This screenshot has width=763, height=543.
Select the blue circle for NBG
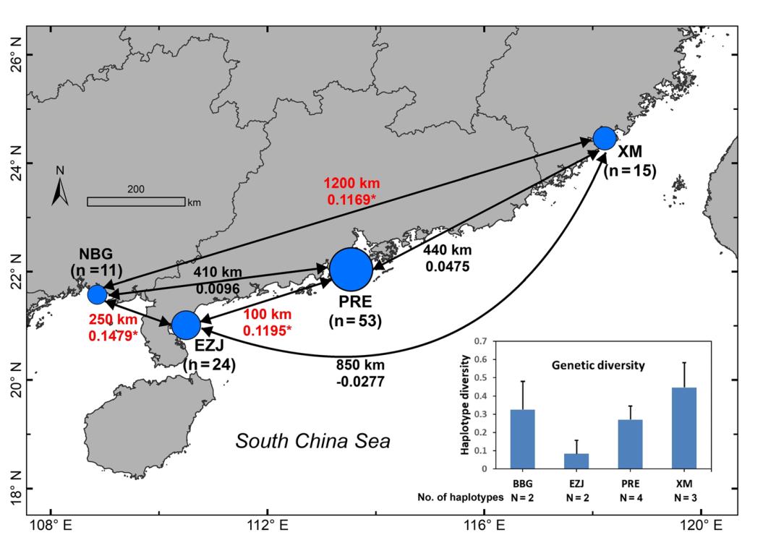97,294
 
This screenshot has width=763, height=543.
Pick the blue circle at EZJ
186,325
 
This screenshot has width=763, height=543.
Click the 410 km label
217,273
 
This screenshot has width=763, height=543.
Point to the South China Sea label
312,441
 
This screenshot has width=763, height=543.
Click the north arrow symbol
61,189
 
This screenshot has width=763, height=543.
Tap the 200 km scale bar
136,201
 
